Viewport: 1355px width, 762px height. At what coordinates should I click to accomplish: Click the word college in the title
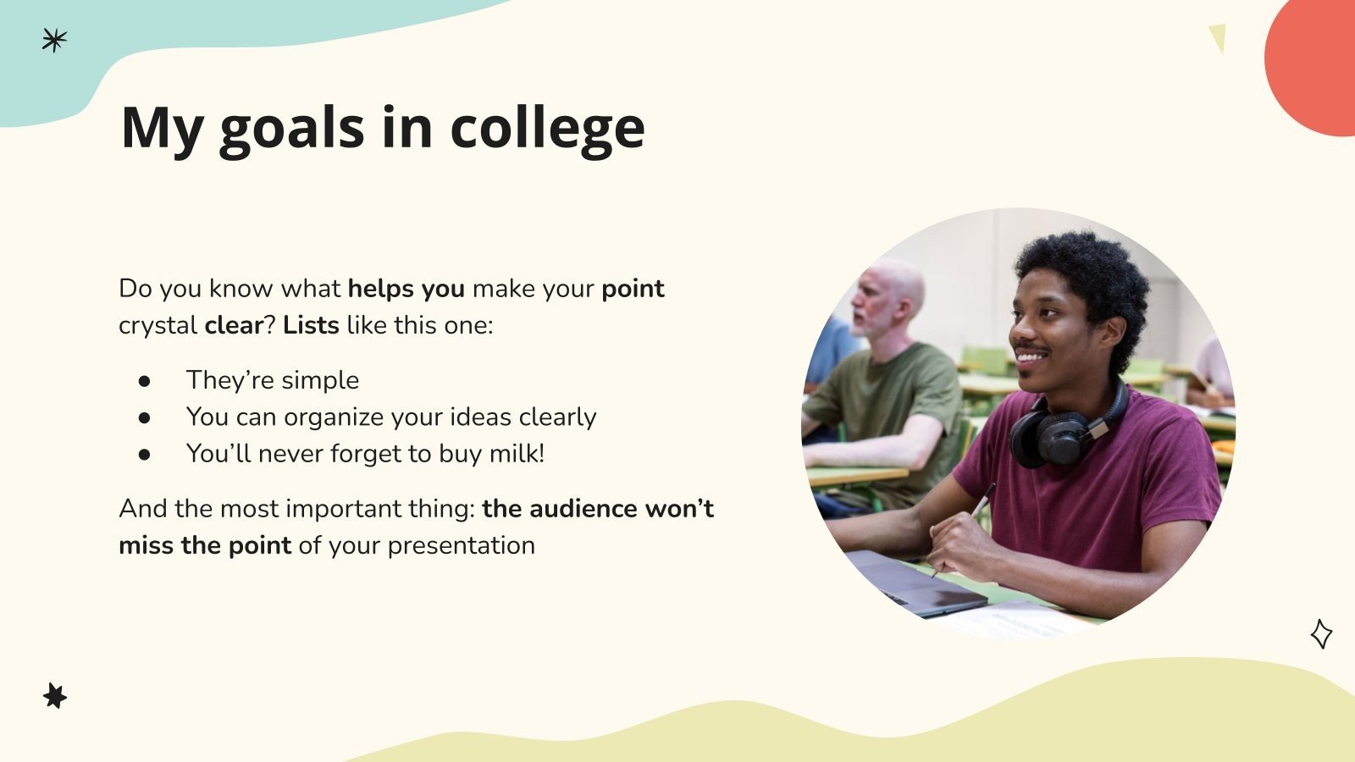click(x=547, y=129)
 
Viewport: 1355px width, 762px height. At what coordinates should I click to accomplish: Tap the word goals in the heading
click(x=290, y=129)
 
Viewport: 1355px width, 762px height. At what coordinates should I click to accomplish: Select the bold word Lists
click(x=311, y=325)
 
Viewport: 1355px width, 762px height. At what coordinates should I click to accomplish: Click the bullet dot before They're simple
click(x=145, y=381)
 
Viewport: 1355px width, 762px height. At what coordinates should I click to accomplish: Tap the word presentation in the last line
click(x=461, y=546)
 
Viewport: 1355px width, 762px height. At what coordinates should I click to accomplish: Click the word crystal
click(x=158, y=326)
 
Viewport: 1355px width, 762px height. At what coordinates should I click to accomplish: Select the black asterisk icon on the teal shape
click(x=54, y=40)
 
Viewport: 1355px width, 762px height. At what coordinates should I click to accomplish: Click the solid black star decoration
click(x=55, y=696)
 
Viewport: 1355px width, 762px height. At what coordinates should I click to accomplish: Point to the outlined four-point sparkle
click(x=1321, y=633)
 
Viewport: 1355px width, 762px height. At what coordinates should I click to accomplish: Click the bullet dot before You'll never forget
click(x=145, y=455)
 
